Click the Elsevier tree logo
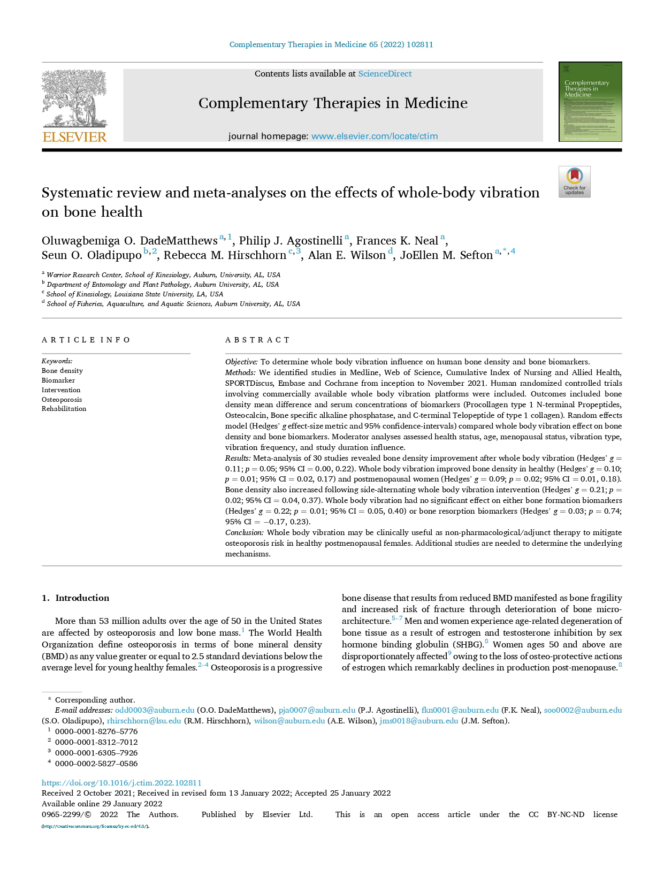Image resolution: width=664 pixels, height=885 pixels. tap(74, 98)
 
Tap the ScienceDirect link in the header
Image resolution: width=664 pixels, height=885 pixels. tap(385, 74)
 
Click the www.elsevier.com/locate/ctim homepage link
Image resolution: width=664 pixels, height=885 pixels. tap(374, 136)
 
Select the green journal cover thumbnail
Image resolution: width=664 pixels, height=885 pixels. tap(590, 102)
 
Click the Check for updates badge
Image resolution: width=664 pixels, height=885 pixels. tap(574, 182)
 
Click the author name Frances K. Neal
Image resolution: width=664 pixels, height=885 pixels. tap(397, 241)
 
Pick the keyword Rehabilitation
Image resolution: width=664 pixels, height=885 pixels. tap(64, 409)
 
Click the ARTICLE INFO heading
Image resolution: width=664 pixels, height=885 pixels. tap(86, 340)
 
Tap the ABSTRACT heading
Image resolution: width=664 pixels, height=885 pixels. tap(257, 340)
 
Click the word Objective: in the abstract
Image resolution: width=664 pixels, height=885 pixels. tap(241, 362)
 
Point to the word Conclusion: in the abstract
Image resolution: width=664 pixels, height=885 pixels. tap(244, 532)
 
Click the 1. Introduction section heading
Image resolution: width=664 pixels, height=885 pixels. tap(75, 598)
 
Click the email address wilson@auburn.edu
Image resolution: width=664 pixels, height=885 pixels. tap(289, 721)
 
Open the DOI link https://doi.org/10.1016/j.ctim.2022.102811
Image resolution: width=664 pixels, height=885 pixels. tap(121, 782)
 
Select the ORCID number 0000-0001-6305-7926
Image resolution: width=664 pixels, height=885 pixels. tap(96, 753)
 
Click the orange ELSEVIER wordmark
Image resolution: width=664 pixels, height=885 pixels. tap(74, 136)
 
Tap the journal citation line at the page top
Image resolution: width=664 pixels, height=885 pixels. tap(331, 44)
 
